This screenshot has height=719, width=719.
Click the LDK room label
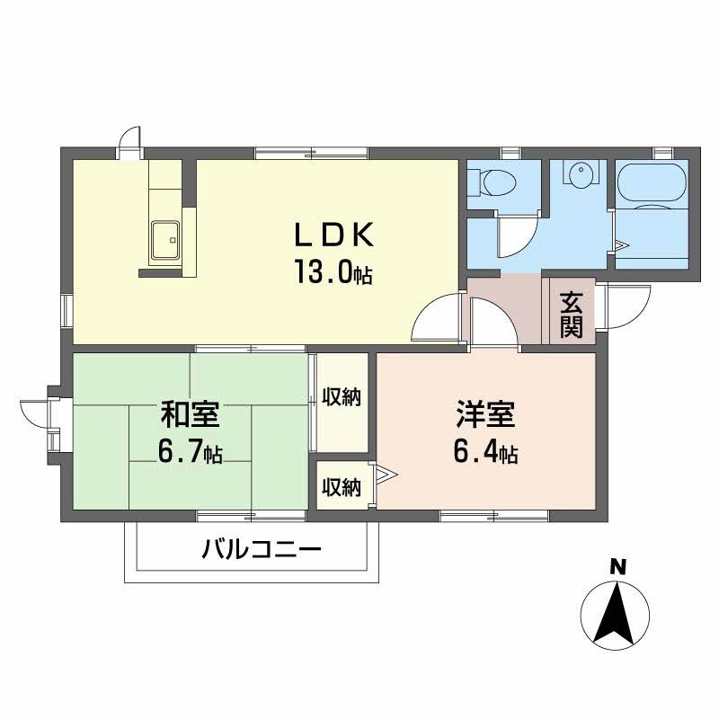click(333, 235)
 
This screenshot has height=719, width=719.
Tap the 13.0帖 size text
click(333, 271)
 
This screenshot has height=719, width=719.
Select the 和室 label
click(191, 415)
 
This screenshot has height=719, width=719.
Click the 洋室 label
click(484, 415)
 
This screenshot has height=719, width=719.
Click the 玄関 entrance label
click(572, 315)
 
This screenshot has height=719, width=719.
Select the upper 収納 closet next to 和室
click(342, 397)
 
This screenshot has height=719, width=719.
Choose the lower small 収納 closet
click(342, 487)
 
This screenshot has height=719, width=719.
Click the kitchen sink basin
click(164, 240)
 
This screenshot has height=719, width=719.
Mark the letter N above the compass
click(617, 566)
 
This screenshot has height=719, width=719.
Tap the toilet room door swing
click(515, 234)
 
